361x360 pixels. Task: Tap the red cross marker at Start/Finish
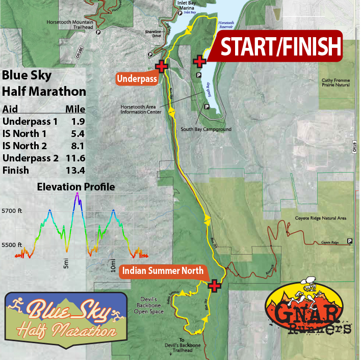[x=199, y=62]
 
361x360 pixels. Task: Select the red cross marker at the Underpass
[x=162, y=67]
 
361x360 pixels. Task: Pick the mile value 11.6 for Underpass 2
[x=75, y=158]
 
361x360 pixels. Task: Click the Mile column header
[x=75, y=109]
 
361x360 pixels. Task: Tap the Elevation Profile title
[x=76, y=187]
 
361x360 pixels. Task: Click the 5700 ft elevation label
[x=12, y=210]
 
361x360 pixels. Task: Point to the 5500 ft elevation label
[x=12, y=245]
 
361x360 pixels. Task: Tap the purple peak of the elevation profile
[x=78, y=194]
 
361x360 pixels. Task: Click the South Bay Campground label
[x=206, y=129]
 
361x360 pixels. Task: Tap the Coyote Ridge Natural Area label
[x=321, y=218]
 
